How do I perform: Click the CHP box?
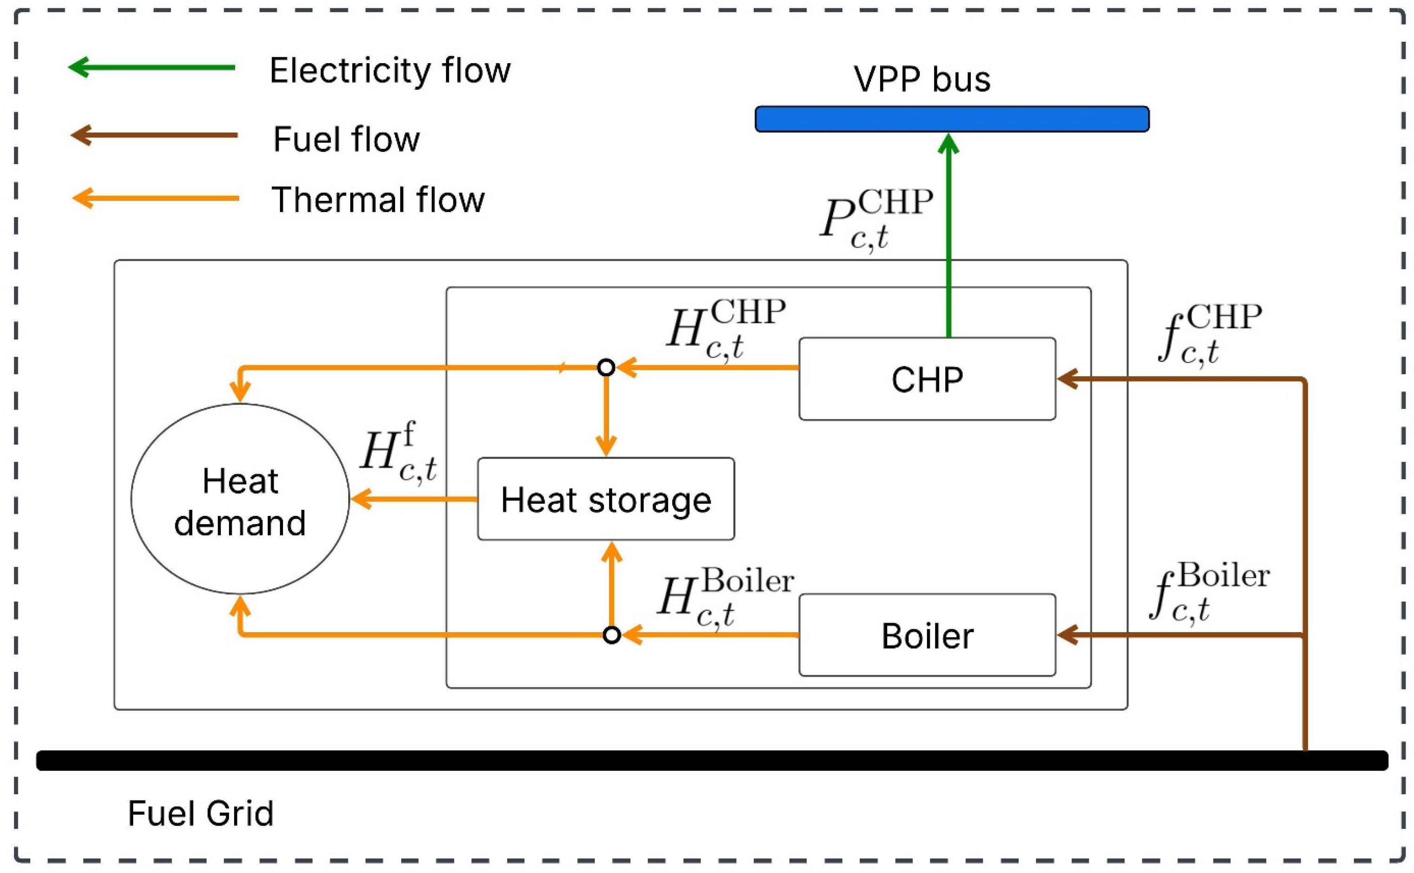(x=927, y=379)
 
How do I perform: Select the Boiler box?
(x=927, y=635)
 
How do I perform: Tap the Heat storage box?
(x=605, y=499)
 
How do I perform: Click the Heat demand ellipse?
(x=240, y=499)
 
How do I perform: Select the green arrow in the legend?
(x=151, y=68)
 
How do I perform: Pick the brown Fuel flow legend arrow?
(x=154, y=135)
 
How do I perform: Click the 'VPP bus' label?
(x=922, y=79)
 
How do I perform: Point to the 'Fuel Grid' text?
(x=200, y=813)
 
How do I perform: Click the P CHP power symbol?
(x=875, y=219)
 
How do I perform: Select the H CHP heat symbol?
(x=725, y=329)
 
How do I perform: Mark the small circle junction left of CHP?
(x=605, y=367)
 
